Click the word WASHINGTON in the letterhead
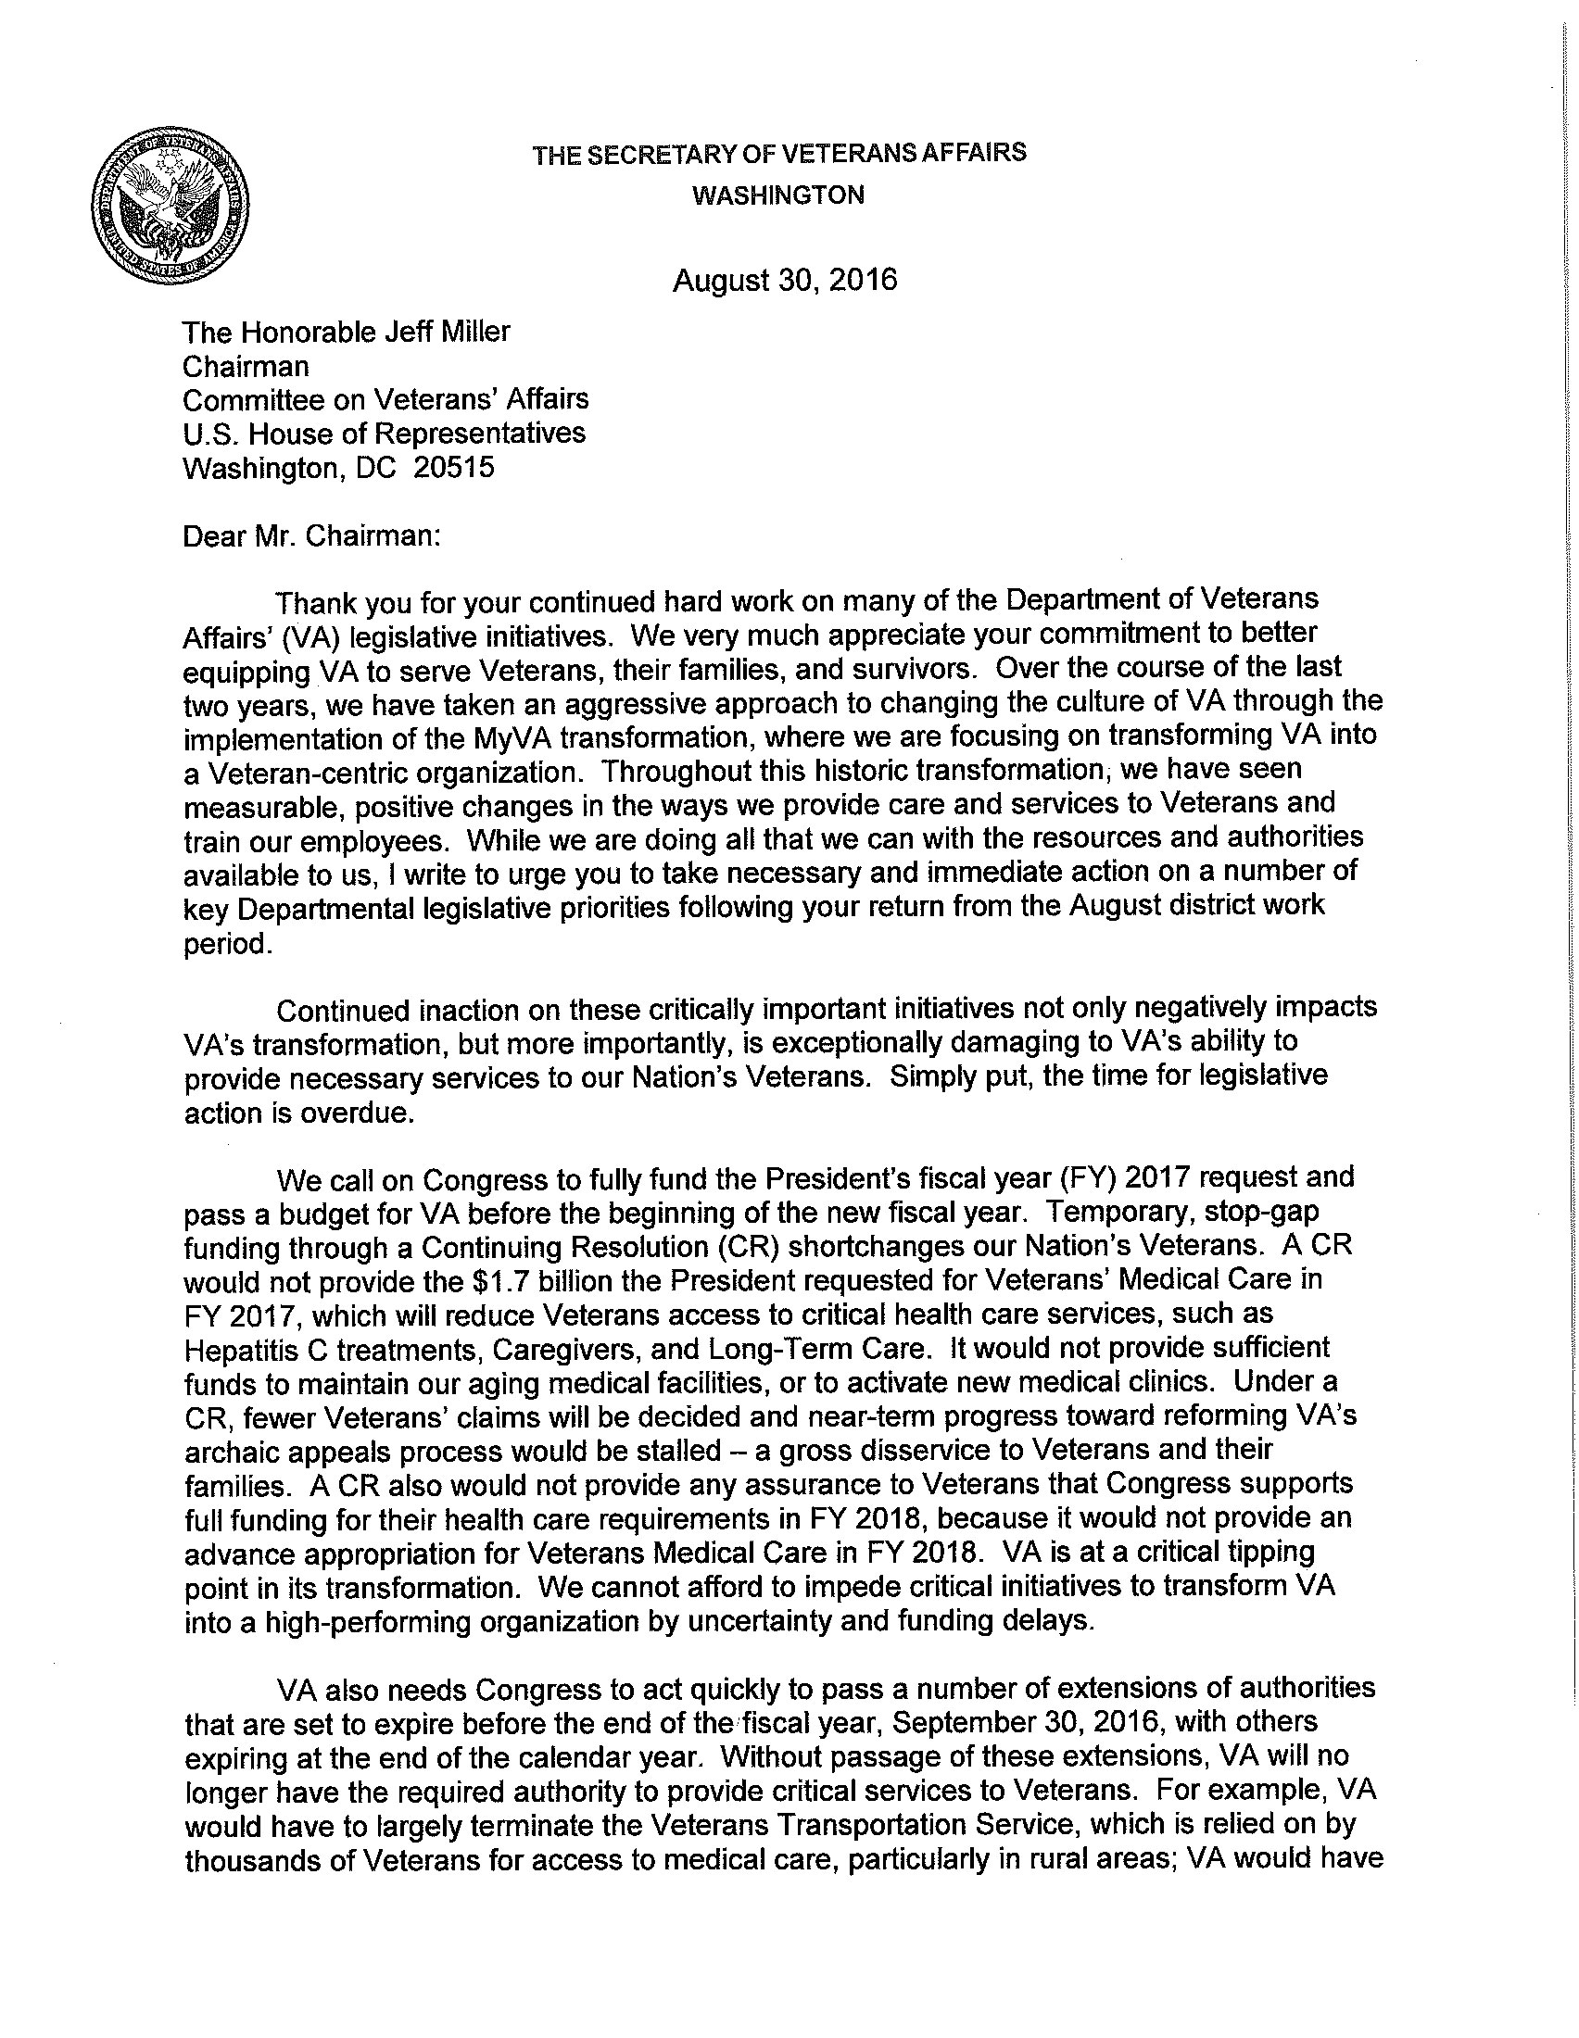coord(778,195)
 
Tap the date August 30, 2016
coord(785,280)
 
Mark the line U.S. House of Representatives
coord(384,433)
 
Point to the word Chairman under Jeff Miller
coord(246,366)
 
